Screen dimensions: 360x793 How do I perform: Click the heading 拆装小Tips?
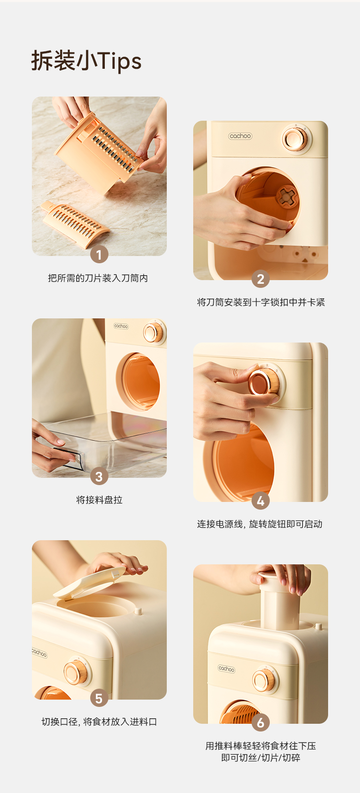(86, 61)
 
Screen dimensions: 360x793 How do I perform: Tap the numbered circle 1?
(99, 255)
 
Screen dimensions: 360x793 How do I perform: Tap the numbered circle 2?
(261, 279)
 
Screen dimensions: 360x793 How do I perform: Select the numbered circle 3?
(99, 476)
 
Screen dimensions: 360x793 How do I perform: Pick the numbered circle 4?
(261, 501)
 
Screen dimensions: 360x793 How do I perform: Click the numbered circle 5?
(99, 698)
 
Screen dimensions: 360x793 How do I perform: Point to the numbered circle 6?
(261, 722)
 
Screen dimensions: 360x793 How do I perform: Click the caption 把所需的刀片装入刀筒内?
(98, 278)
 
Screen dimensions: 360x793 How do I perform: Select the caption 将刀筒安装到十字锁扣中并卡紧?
(261, 302)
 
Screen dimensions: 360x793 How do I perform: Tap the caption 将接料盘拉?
(99, 500)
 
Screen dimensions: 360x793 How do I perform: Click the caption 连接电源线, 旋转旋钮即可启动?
(260, 524)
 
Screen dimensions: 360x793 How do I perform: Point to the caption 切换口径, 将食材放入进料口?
(99, 722)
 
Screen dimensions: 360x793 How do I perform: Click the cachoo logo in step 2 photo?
(240, 136)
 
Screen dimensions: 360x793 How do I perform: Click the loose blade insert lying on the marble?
(75, 225)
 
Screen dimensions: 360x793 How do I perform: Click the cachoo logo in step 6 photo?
(226, 669)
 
